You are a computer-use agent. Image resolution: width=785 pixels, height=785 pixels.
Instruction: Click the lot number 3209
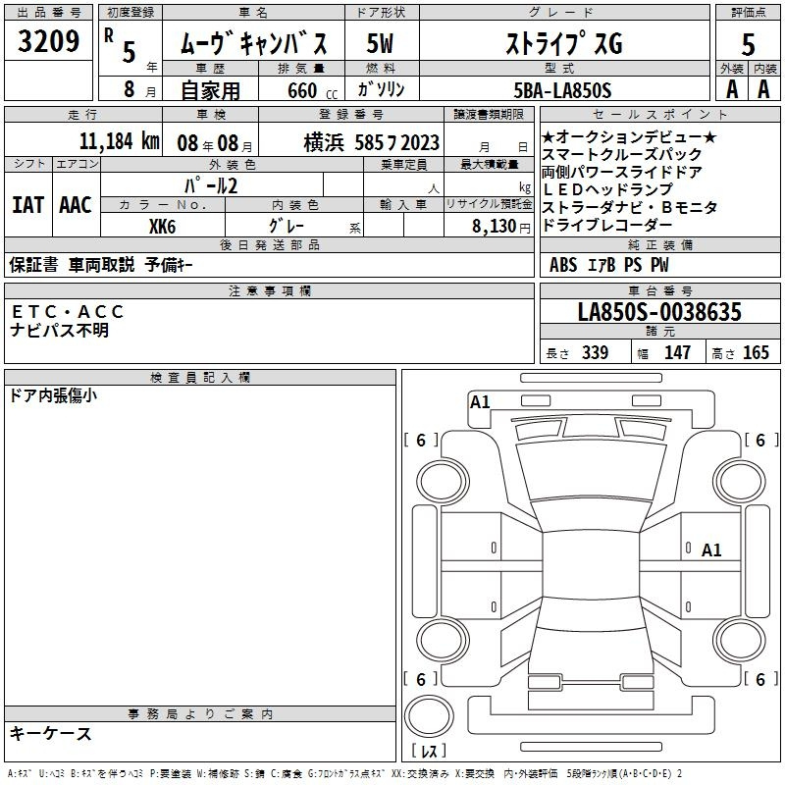pos(48,41)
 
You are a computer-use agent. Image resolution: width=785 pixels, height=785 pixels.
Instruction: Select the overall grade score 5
pos(748,44)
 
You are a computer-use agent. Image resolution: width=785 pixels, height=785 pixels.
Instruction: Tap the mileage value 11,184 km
pos(119,141)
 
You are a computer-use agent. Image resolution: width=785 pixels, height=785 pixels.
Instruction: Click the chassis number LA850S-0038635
pos(659,311)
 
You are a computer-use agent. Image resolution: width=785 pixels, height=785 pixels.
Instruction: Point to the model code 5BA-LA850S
pos(562,90)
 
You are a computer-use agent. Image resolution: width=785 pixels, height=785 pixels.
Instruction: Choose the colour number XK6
pos(162,227)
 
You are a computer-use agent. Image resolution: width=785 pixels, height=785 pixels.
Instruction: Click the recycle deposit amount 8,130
pos(495,227)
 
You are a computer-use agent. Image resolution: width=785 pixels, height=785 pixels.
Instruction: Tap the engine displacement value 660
pos(302,90)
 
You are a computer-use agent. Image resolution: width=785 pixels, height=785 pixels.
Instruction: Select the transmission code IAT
pos(27,205)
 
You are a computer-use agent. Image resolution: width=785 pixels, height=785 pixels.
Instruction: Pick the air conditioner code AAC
pos(76,205)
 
